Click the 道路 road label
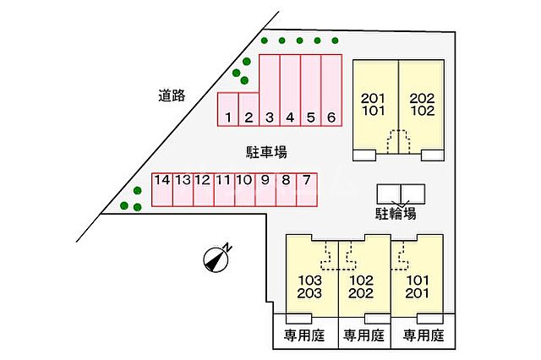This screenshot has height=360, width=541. pyautogui.click(x=172, y=95)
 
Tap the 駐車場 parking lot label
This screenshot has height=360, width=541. pyautogui.click(x=266, y=152)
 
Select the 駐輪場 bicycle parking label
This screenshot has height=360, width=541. pyautogui.click(x=396, y=213)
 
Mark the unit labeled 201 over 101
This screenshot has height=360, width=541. pyautogui.click(x=374, y=105)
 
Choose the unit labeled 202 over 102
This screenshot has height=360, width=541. pyautogui.click(x=422, y=105)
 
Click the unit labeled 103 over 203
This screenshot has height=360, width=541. pyautogui.click(x=311, y=287)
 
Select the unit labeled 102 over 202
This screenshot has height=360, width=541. pyautogui.click(x=363, y=287)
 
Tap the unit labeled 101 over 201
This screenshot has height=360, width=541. pyautogui.click(x=417, y=287)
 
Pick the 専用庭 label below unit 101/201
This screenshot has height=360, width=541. pyautogui.click(x=424, y=335)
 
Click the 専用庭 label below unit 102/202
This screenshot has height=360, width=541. pyautogui.click(x=363, y=335)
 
